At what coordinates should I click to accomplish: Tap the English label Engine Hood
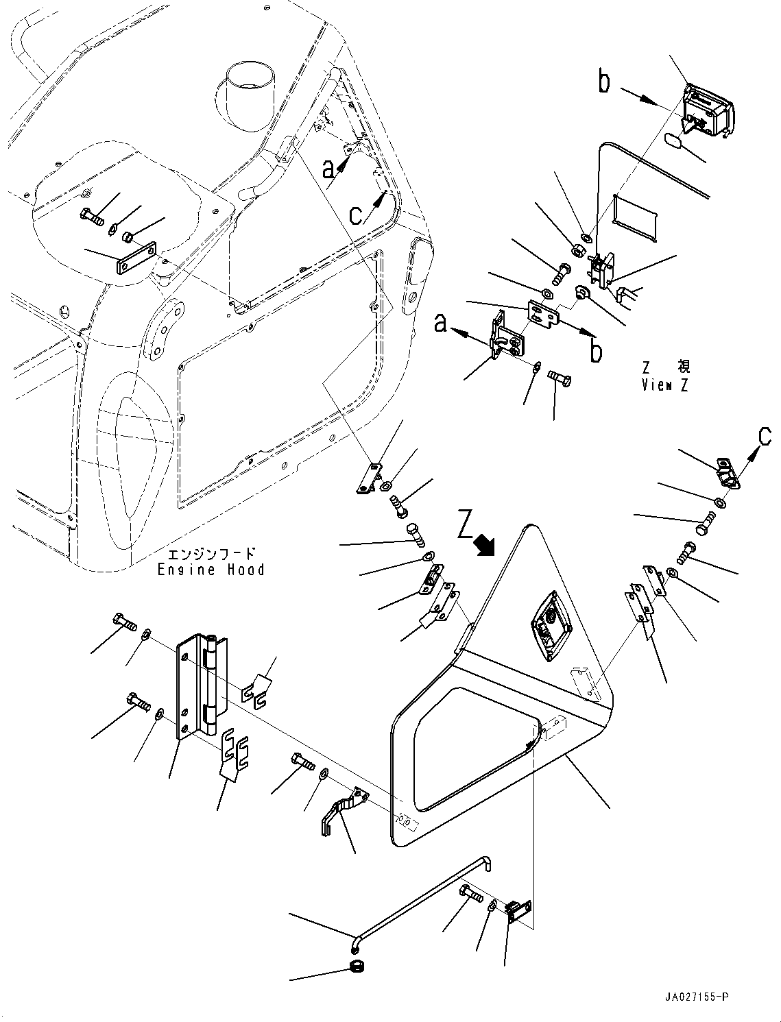tap(211, 570)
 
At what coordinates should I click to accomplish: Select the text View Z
tap(664, 385)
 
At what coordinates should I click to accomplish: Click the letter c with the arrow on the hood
tap(356, 215)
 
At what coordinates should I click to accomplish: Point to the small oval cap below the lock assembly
tap(673, 142)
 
